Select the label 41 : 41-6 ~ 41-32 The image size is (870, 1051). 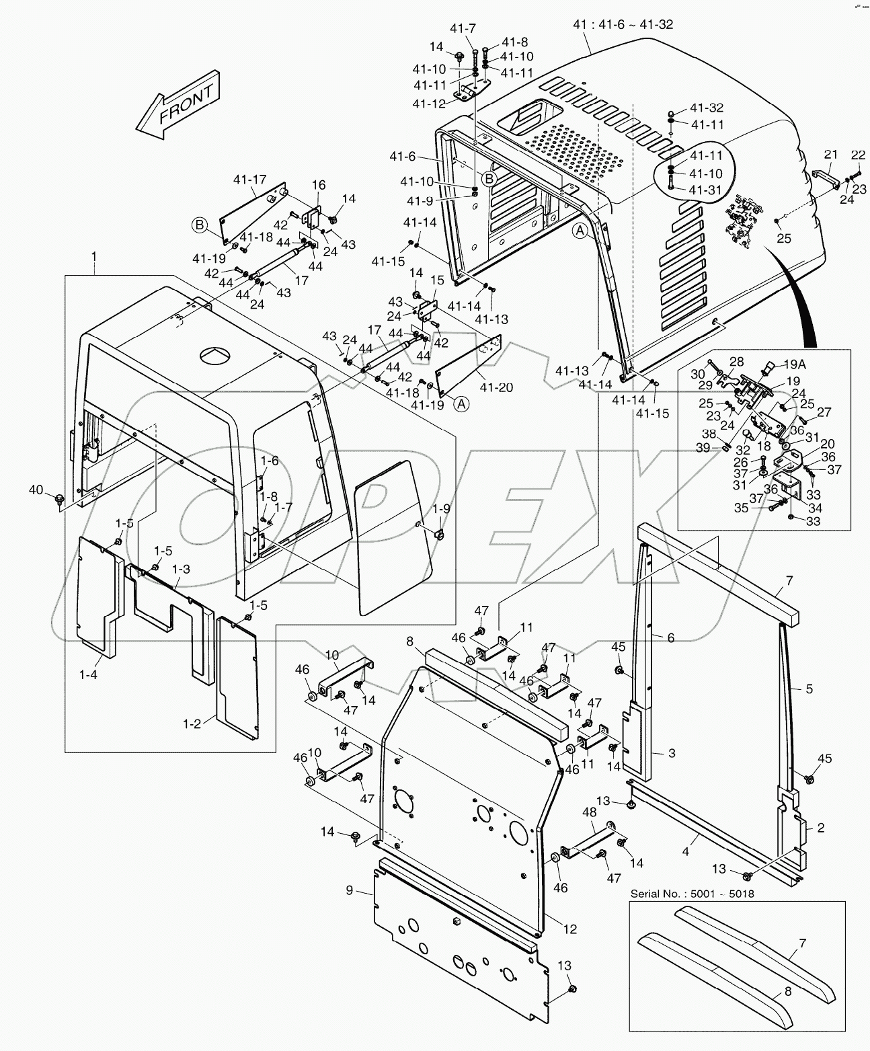(x=623, y=24)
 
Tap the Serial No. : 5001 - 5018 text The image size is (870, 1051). (x=692, y=894)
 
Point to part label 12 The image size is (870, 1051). (x=569, y=929)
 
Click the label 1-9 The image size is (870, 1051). (x=441, y=508)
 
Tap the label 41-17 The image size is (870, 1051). (x=250, y=180)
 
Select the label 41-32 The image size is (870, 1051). (x=707, y=108)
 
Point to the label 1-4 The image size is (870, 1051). (x=88, y=674)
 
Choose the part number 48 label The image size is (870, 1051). (x=589, y=812)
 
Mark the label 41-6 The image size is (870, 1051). (x=403, y=156)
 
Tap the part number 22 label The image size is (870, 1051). (x=858, y=155)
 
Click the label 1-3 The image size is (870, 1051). (x=180, y=569)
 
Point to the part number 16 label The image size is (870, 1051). (x=318, y=185)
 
